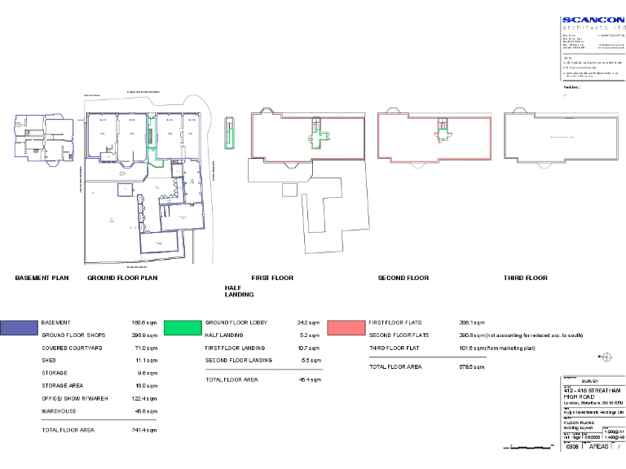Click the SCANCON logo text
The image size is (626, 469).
[593, 20]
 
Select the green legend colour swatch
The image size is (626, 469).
[183, 328]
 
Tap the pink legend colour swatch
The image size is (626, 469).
[346, 328]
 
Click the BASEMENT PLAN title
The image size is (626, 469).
[42, 278]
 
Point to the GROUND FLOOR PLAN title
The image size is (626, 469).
[122, 278]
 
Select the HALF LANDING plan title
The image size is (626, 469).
[239, 291]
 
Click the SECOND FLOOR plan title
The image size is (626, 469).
[403, 278]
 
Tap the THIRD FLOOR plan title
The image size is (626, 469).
[525, 278]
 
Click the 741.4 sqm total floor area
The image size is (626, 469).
[144, 429]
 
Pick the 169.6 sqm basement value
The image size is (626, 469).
[144, 322]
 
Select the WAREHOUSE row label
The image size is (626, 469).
[60, 411]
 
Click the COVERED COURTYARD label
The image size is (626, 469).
[72, 348]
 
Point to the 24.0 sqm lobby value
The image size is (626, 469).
[308, 322]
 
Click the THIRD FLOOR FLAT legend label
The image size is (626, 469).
[399, 348]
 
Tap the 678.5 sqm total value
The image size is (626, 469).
[472, 367]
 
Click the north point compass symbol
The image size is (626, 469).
[606, 356]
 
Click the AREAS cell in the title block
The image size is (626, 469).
[599, 447]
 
